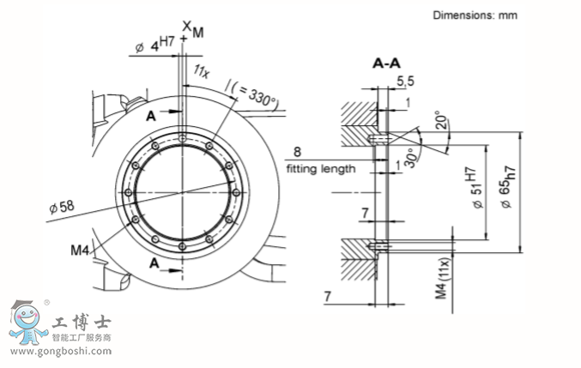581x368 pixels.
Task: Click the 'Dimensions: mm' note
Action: click(475, 15)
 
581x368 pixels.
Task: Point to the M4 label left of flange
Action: click(80, 250)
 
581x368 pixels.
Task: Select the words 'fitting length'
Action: click(320, 169)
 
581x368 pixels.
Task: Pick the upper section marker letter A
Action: click(151, 114)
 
